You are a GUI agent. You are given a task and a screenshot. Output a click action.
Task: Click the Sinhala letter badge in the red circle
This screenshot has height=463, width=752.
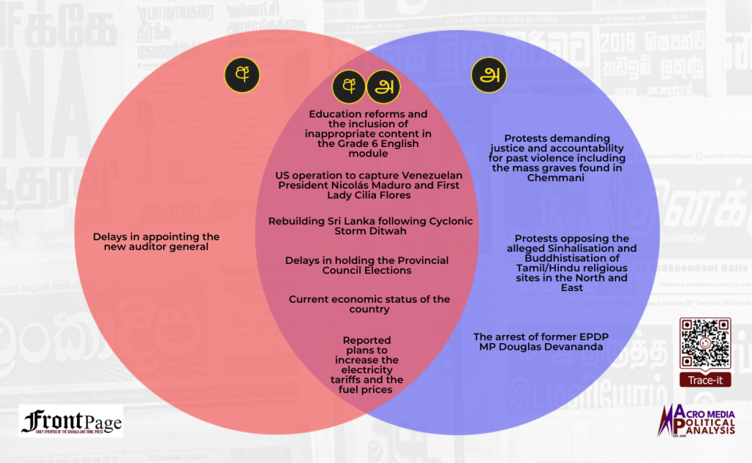tap(242, 74)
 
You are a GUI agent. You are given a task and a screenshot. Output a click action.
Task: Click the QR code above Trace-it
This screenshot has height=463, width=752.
tap(704, 343)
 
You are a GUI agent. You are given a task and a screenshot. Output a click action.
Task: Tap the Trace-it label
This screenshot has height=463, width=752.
tap(704, 381)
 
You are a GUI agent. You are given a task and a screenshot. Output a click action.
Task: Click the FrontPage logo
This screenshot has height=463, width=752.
tap(71, 421)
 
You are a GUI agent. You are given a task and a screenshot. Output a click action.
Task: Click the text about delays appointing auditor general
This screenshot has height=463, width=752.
tap(156, 242)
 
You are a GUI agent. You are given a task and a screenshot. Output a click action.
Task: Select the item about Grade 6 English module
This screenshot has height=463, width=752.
tap(368, 134)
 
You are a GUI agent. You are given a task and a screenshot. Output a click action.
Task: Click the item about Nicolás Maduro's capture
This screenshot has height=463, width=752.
tap(367, 185)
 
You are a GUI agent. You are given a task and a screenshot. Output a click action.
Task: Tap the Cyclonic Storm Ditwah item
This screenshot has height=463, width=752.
tap(370, 226)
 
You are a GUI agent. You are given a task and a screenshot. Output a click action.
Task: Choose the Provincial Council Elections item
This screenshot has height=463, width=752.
tap(367, 265)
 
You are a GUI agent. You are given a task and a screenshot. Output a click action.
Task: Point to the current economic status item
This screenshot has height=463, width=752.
tap(369, 304)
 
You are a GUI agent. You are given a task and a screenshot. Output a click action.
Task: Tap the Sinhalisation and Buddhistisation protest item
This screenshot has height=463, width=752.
tap(571, 263)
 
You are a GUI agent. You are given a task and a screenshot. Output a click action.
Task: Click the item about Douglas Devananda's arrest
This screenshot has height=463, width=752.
tap(540, 342)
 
